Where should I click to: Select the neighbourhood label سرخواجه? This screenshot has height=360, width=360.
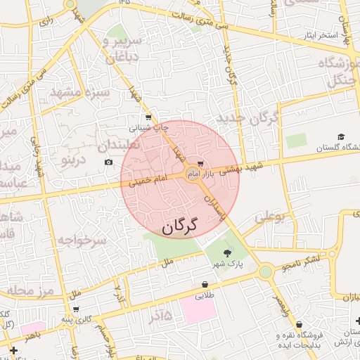(x=82, y=240)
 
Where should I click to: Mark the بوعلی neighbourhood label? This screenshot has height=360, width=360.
(x=271, y=218)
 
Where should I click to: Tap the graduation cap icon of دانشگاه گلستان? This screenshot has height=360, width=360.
(x=342, y=137)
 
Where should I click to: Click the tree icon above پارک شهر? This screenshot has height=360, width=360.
(x=226, y=253)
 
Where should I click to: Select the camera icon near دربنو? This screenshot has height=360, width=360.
(x=108, y=162)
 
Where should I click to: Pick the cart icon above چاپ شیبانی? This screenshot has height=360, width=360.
(x=148, y=117)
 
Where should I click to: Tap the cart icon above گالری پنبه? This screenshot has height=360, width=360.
(x=75, y=309)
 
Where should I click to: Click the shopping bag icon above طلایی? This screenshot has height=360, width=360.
(x=205, y=285)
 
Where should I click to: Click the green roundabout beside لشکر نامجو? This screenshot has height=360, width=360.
(x=265, y=271)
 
